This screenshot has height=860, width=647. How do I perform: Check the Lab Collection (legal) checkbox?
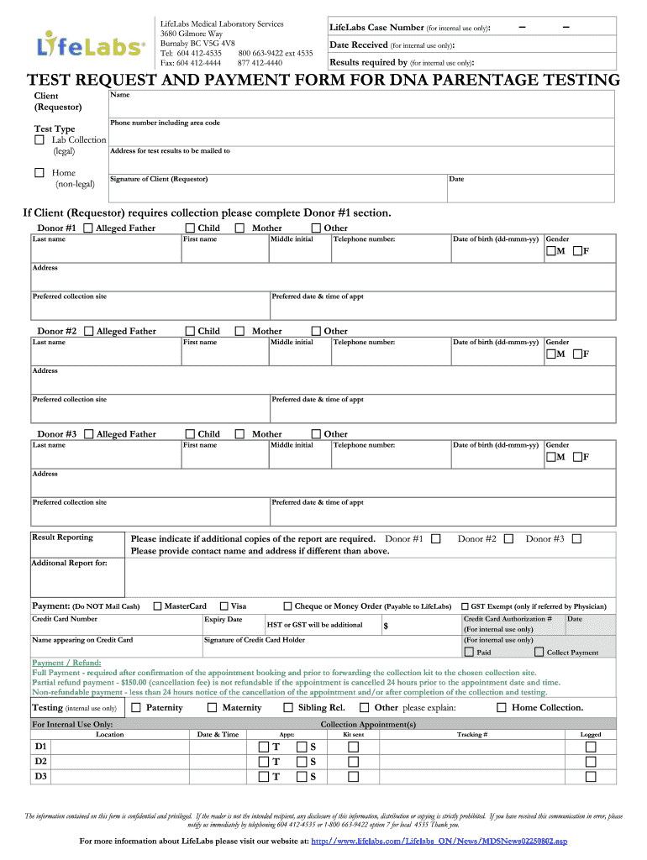coord(39,139)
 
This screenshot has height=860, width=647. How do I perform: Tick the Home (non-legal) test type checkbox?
coord(39,173)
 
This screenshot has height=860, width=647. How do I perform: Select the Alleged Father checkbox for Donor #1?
coord(88,228)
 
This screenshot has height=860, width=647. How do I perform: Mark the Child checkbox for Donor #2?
coord(190,331)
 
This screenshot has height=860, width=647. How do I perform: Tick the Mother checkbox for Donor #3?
coord(240,434)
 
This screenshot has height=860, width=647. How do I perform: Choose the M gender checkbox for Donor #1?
coord(550,251)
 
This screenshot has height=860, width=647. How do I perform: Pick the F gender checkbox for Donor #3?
coord(577,457)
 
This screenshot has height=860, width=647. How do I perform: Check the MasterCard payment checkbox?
coord(157,606)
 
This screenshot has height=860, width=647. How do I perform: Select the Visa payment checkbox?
coord(224,606)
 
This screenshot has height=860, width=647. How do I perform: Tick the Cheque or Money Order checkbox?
coord(287,606)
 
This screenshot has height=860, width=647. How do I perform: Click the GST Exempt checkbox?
coord(464,606)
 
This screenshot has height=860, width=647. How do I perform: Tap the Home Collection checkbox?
coord(502,707)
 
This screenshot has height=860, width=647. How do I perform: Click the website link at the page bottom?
coord(439,841)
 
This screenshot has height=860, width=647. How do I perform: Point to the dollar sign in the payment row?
coord(386,626)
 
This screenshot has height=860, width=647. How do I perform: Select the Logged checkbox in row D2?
coord(591,761)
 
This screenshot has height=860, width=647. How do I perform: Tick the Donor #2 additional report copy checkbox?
coord(508,538)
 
